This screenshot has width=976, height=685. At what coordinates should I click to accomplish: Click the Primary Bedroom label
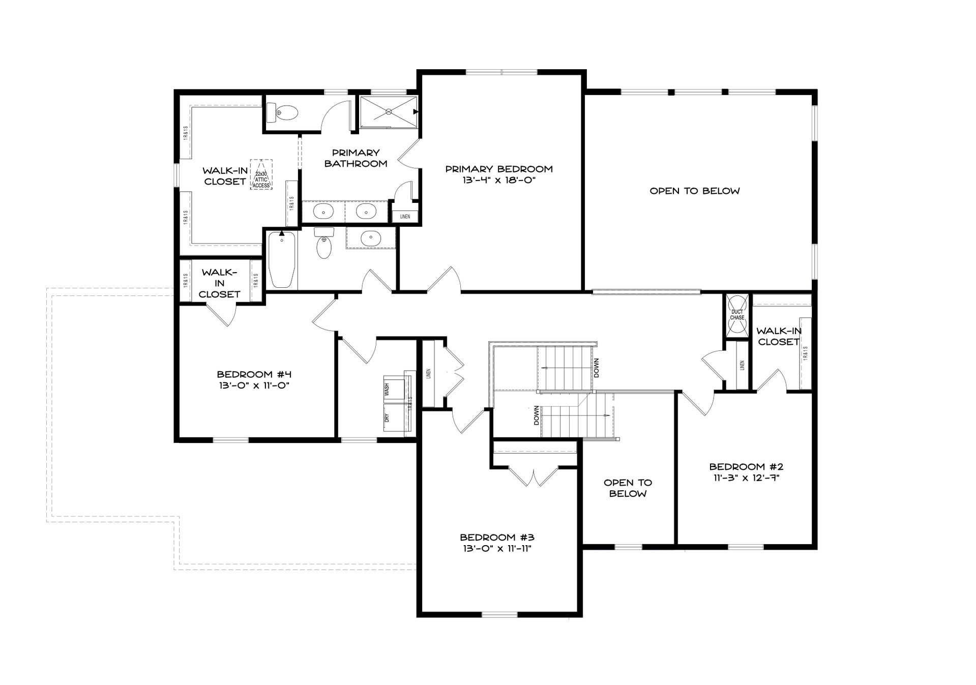499,174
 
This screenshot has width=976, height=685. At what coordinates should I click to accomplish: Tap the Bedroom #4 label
254,380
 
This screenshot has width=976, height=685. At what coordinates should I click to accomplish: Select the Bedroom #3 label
497,543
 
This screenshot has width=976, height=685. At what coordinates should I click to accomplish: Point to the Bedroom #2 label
747,472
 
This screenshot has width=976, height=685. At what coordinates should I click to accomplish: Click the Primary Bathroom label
356,158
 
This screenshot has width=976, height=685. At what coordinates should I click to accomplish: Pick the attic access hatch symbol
261,174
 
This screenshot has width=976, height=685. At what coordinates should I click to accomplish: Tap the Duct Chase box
737,315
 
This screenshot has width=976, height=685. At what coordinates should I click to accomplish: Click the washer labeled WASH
394,390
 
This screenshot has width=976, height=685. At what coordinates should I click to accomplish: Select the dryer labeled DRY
394,418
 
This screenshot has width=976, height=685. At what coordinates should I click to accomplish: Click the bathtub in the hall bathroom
282,259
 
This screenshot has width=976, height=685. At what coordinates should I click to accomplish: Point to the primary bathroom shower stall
389,112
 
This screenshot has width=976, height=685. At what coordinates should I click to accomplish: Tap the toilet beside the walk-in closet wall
282,112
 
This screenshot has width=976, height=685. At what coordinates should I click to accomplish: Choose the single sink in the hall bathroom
371,237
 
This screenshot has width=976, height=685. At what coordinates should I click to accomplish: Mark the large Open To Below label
695,191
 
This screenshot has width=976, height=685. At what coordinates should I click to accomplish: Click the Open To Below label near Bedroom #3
628,488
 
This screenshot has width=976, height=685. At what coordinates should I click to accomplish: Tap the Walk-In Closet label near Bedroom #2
779,337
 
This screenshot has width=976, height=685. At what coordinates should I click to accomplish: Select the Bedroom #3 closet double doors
534,476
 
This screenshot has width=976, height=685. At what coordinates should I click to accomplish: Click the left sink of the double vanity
323,211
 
